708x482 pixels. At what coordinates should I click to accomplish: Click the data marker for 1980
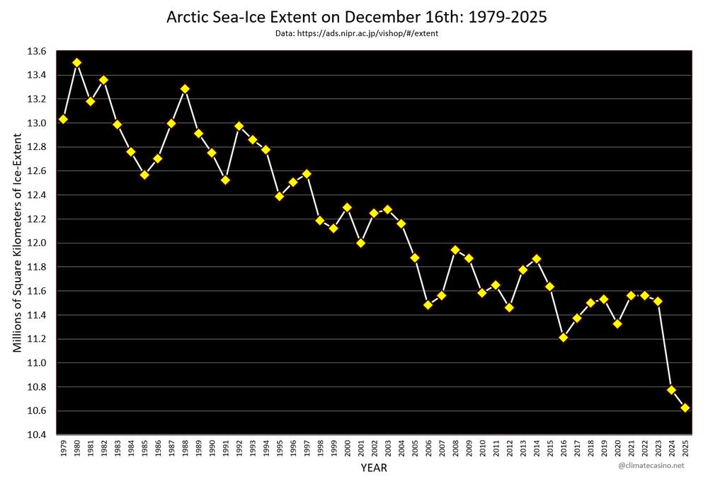(x=76, y=62)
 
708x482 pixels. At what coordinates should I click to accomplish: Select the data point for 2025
(x=685, y=408)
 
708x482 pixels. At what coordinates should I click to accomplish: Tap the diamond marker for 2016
(x=563, y=337)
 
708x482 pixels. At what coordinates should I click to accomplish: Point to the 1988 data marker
(x=185, y=89)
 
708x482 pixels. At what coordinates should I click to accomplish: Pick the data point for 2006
(x=428, y=305)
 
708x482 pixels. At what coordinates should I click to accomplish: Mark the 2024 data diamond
(x=671, y=390)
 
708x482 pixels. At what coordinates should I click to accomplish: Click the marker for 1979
(x=63, y=119)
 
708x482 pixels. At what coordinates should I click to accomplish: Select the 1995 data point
(x=279, y=196)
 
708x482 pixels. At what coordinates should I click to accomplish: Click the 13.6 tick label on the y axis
(x=38, y=51)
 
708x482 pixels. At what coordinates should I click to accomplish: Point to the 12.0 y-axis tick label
(x=38, y=243)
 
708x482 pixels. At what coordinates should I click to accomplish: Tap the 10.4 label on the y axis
(x=38, y=435)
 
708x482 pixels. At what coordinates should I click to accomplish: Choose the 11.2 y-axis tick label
(x=38, y=339)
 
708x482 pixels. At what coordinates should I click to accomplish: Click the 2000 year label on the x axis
(x=347, y=448)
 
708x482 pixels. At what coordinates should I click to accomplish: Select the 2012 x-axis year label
(x=509, y=448)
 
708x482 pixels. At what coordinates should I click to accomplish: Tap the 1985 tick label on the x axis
(x=144, y=448)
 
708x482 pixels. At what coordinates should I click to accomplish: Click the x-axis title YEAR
(x=373, y=468)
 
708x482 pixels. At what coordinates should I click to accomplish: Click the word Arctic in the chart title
(x=185, y=16)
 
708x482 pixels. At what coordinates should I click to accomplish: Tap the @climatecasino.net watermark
(x=651, y=466)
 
